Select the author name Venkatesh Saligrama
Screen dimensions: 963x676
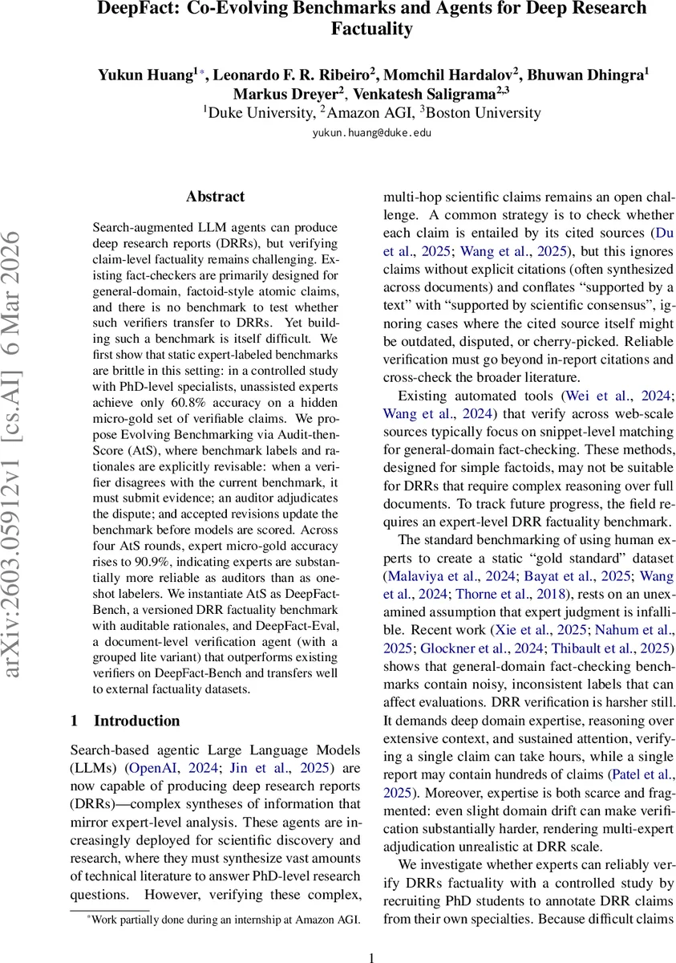pyautogui.click(x=440, y=93)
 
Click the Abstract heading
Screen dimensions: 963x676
pyautogui.click(x=215, y=196)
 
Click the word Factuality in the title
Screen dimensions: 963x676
pyautogui.click(x=371, y=30)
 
